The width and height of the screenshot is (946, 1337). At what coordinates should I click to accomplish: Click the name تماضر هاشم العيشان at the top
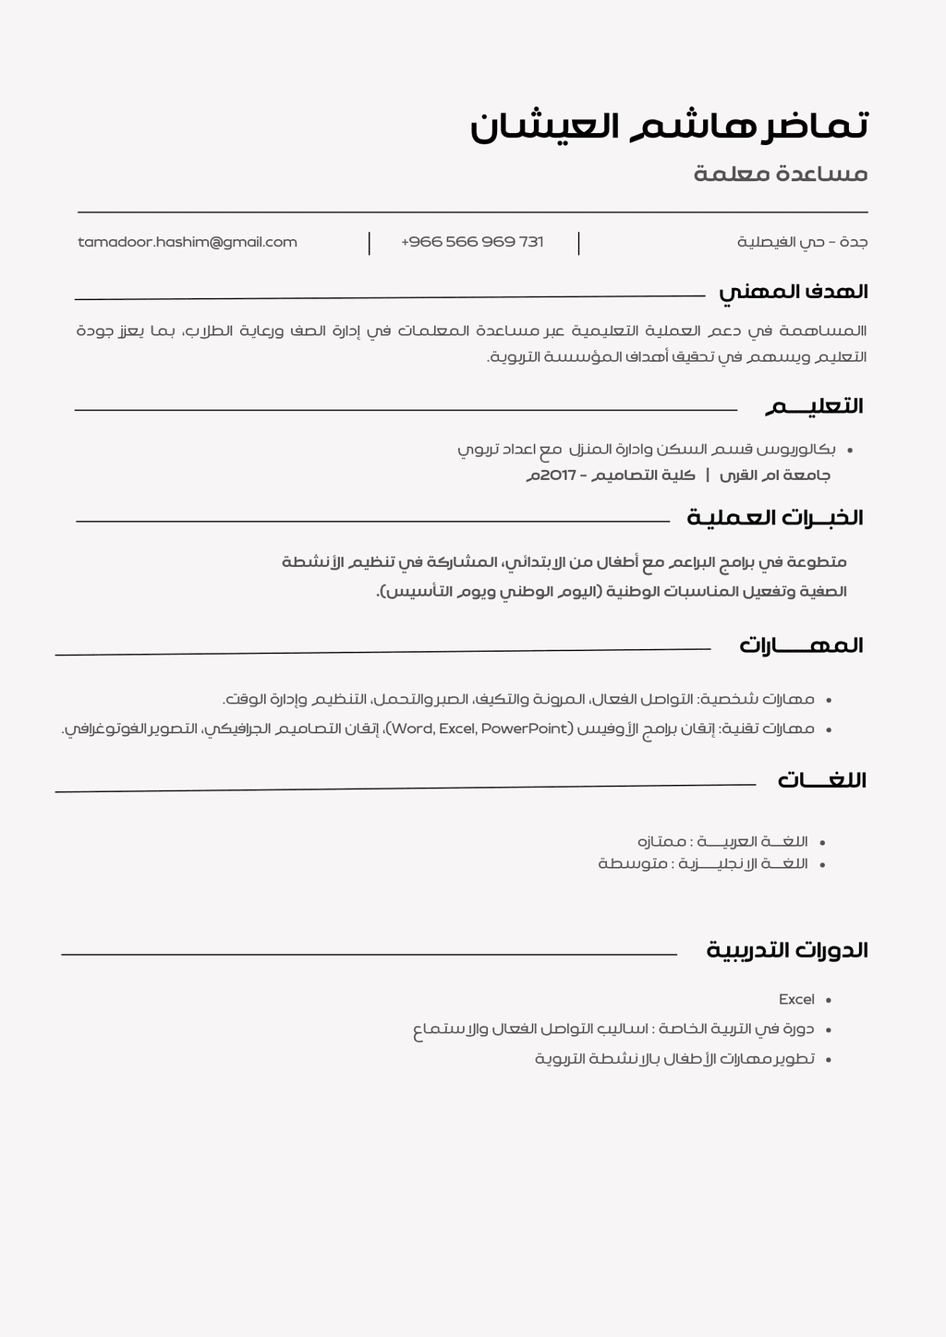click(x=669, y=126)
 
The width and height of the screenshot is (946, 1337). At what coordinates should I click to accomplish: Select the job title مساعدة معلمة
click(x=781, y=174)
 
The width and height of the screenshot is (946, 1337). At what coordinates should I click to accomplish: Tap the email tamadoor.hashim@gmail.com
click(x=188, y=242)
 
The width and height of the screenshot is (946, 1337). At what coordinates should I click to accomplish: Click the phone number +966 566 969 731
click(x=472, y=242)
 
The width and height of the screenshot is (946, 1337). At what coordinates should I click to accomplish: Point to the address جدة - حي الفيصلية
click(x=802, y=242)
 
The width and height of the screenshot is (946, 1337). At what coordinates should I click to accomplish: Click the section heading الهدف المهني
click(x=793, y=292)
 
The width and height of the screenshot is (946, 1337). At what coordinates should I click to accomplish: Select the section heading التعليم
click(x=813, y=406)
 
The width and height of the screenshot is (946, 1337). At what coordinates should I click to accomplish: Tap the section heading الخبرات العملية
click(x=774, y=518)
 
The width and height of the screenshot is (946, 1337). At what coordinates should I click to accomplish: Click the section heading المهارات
click(x=800, y=645)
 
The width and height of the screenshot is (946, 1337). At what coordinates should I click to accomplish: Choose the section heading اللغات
click(x=821, y=780)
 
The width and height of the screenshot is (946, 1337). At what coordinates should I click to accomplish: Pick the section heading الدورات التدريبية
click(x=786, y=950)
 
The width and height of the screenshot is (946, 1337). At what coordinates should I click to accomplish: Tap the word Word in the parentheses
click(x=413, y=729)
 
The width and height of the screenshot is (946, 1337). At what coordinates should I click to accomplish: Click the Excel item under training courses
click(x=796, y=999)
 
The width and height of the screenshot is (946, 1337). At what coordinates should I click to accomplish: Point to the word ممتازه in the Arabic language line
click(x=662, y=841)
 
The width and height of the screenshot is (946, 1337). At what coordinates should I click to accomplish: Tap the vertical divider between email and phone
click(x=370, y=243)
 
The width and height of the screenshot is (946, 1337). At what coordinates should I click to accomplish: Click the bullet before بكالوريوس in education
click(x=849, y=451)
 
